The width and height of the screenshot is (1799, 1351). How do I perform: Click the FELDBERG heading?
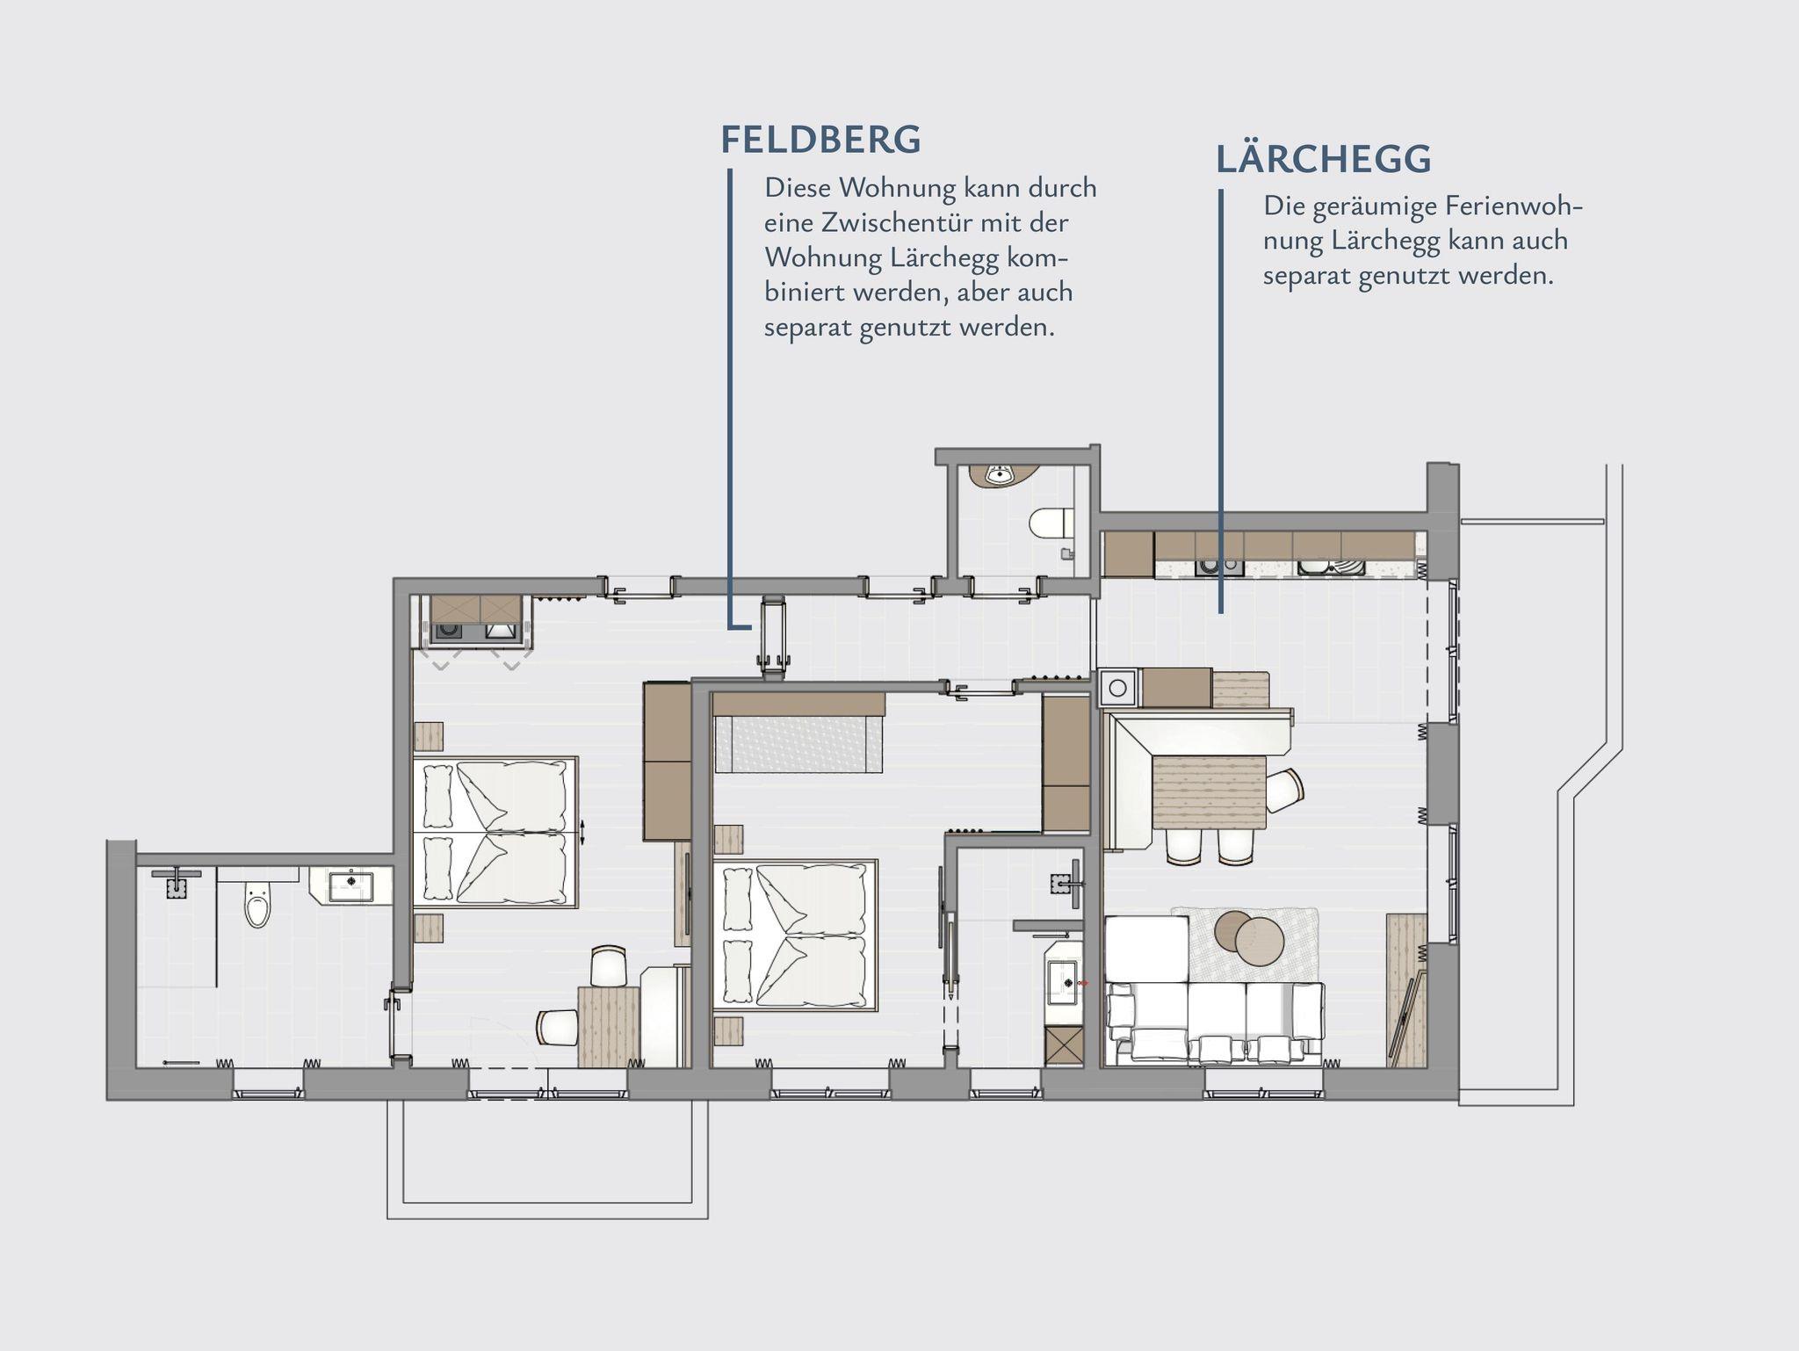pos(820,140)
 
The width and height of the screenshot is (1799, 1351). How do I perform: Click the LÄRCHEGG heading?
pos(1324,159)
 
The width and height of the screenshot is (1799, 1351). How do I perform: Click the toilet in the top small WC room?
pos(1050,524)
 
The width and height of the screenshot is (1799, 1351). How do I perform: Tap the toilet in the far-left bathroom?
pos(257,906)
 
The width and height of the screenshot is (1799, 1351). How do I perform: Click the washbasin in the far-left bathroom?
pos(351,885)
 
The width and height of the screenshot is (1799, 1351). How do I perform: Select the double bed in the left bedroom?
pos(495,831)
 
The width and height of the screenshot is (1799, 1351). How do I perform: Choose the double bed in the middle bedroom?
pos(796,934)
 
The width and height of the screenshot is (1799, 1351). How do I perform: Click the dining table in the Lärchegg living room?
pos(1209,793)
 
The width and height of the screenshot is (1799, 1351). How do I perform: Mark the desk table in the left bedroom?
pos(608,1027)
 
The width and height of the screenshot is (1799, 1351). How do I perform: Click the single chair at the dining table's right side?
pos(1284,791)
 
